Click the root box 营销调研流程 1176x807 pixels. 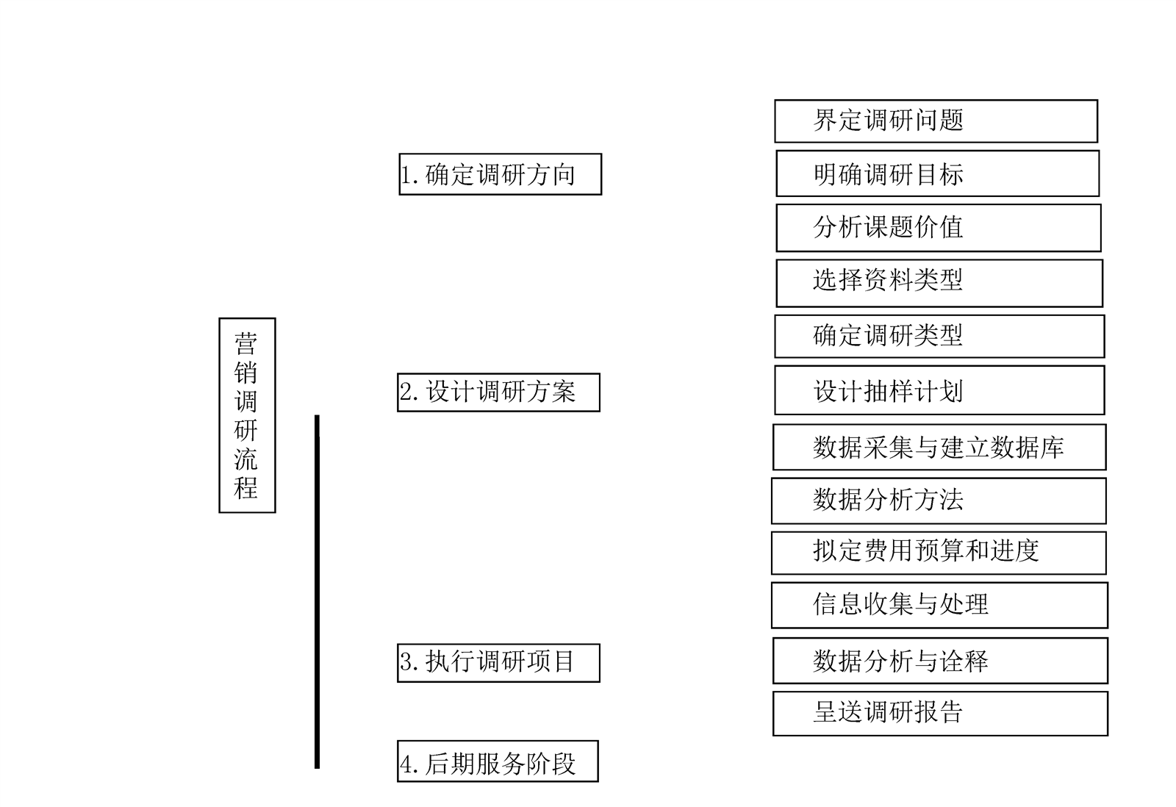click(247, 415)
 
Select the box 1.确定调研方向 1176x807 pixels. click(500, 174)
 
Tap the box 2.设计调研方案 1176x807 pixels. click(498, 392)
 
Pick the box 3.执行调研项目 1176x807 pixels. click(498, 662)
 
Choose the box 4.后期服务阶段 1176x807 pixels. click(498, 761)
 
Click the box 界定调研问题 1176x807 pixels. click(936, 121)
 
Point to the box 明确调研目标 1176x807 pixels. click(937, 173)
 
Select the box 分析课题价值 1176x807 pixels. click(939, 228)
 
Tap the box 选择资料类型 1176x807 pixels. click(939, 283)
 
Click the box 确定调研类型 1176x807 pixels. click(939, 337)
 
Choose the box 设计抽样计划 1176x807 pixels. click(939, 390)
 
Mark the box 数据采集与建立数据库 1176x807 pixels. click(939, 447)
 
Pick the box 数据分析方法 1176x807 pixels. click(939, 501)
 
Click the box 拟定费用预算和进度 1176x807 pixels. click(939, 553)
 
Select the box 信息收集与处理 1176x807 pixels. click(939, 605)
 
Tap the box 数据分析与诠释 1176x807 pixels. click(940, 660)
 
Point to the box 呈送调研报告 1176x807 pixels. click(940, 713)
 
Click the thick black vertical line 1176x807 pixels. click(317, 592)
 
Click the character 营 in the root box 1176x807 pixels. click(246, 343)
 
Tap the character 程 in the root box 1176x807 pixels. click(246, 487)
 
